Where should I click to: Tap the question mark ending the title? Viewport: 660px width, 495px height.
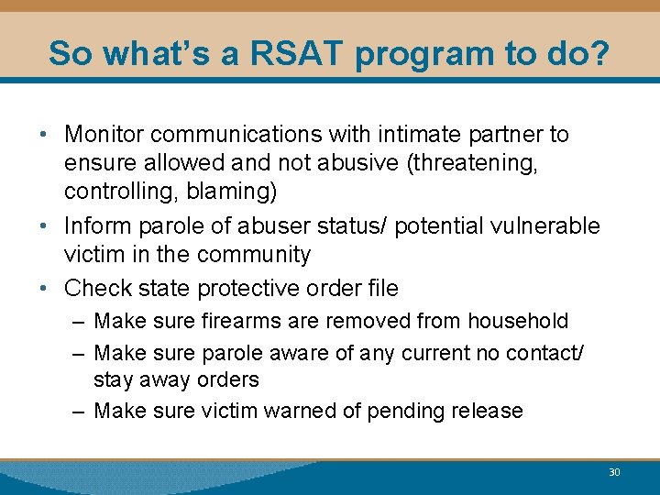click(599, 53)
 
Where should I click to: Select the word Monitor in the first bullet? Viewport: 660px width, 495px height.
click(104, 135)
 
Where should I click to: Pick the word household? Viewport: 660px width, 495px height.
click(518, 322)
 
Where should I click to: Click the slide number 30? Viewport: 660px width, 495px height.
click(614, 472)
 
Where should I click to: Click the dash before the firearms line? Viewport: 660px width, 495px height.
click(79, 322)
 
